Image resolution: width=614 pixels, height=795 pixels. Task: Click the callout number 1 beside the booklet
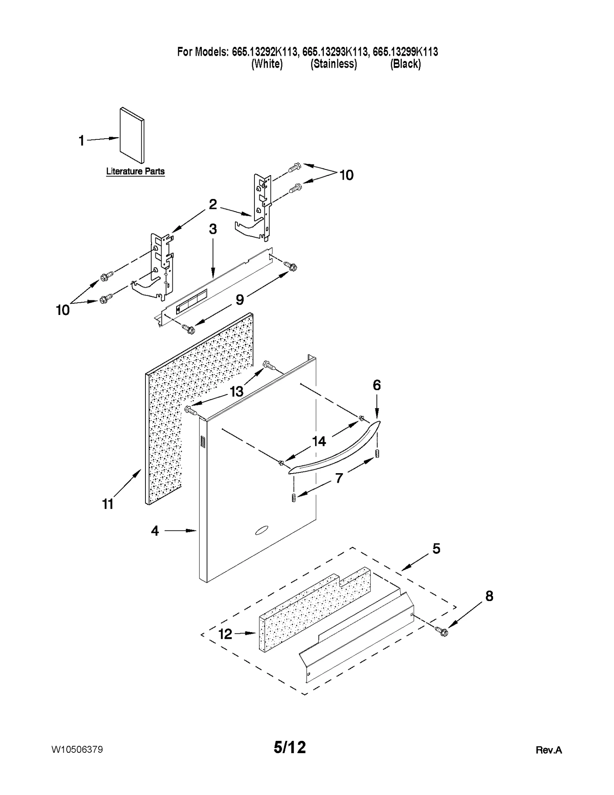(81, 141)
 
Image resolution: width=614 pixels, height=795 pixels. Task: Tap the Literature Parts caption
(135, 171)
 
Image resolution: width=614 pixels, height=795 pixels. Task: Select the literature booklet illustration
(132, 135)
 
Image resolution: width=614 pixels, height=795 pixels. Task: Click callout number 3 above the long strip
(213, 229)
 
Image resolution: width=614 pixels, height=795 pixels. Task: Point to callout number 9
(239, 300)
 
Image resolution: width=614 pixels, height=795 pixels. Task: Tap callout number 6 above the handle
(376, 385)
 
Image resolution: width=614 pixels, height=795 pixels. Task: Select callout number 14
(319, 441)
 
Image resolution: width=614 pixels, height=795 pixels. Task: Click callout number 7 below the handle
(339, 478)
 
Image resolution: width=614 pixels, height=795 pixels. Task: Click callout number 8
(489, 596)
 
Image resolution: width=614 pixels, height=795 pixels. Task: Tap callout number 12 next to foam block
(225, 634)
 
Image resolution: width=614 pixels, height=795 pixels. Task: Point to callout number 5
(436, 548)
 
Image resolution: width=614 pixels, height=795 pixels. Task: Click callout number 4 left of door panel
(155, 531)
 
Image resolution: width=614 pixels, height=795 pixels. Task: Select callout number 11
(108, 504)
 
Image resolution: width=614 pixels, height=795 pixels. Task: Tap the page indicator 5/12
(290, 747)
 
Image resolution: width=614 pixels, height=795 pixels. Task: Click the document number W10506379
(77, 749)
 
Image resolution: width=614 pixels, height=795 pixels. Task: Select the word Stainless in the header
(333, 64)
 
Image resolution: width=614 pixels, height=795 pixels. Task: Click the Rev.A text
(548, 750)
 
